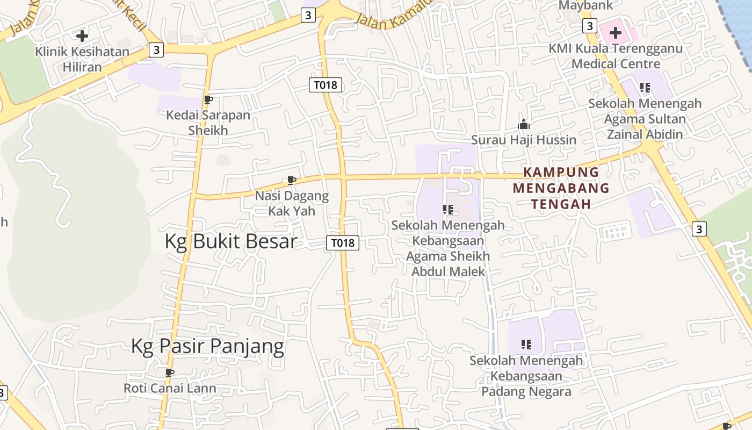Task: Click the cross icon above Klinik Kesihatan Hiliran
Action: coord(82,36)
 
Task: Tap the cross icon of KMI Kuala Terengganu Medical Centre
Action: coord(615,33)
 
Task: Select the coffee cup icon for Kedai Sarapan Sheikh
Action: coord(208,99)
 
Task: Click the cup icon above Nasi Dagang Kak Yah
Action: coord(292,180)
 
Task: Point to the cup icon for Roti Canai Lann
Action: coord(170,372)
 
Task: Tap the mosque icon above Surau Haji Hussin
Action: coord(523,125)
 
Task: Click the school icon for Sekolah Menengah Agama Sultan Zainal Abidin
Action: coord(645,87)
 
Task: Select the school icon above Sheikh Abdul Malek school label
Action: coord(448,209)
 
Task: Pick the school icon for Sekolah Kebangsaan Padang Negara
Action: coord(526,344)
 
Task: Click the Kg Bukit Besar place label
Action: coord(230,241)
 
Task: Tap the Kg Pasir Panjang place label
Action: coord(207,346)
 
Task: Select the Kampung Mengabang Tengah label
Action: coord(561,188)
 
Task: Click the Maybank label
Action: coord(585,6)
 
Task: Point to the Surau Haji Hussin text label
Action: coord(523,140)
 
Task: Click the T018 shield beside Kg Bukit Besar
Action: coord(342,243)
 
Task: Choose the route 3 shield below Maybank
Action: coord(589,25)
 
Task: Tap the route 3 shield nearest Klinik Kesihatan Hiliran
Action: coord(156,50)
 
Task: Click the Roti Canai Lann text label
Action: coord(170,388)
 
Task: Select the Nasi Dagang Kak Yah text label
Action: coord(292,203)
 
